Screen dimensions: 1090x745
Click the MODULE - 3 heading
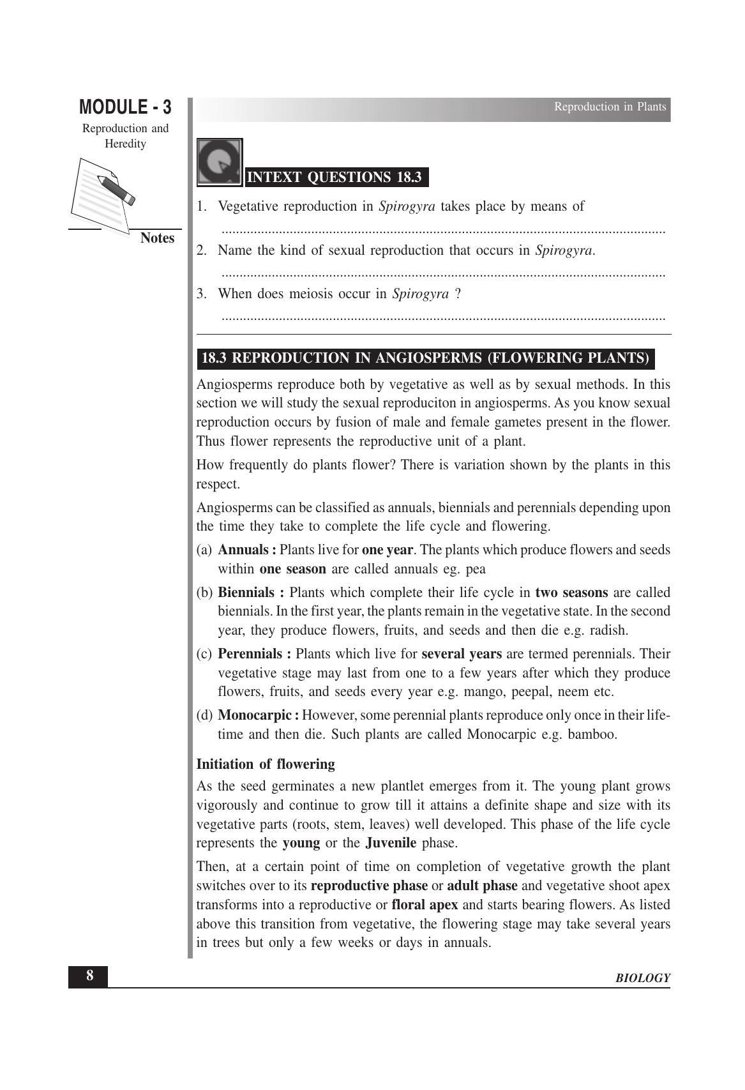(125, 107)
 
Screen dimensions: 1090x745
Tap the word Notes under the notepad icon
(157, 238)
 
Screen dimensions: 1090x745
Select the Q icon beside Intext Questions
(220, 162)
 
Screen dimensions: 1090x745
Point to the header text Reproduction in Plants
(610, 107)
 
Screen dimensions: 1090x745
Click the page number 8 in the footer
(89, 976)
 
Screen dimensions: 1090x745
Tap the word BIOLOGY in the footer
(643, 978)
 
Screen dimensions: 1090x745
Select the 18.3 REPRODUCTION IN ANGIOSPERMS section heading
(425, 358)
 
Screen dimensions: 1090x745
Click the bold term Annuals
(243, 550)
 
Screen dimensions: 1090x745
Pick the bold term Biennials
(246, 593)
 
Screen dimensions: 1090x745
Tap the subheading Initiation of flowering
(266, 764)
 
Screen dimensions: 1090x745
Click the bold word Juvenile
(391, 843)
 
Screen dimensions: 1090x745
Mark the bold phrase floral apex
(425, 905)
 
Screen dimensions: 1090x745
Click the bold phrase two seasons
(571, 593)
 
